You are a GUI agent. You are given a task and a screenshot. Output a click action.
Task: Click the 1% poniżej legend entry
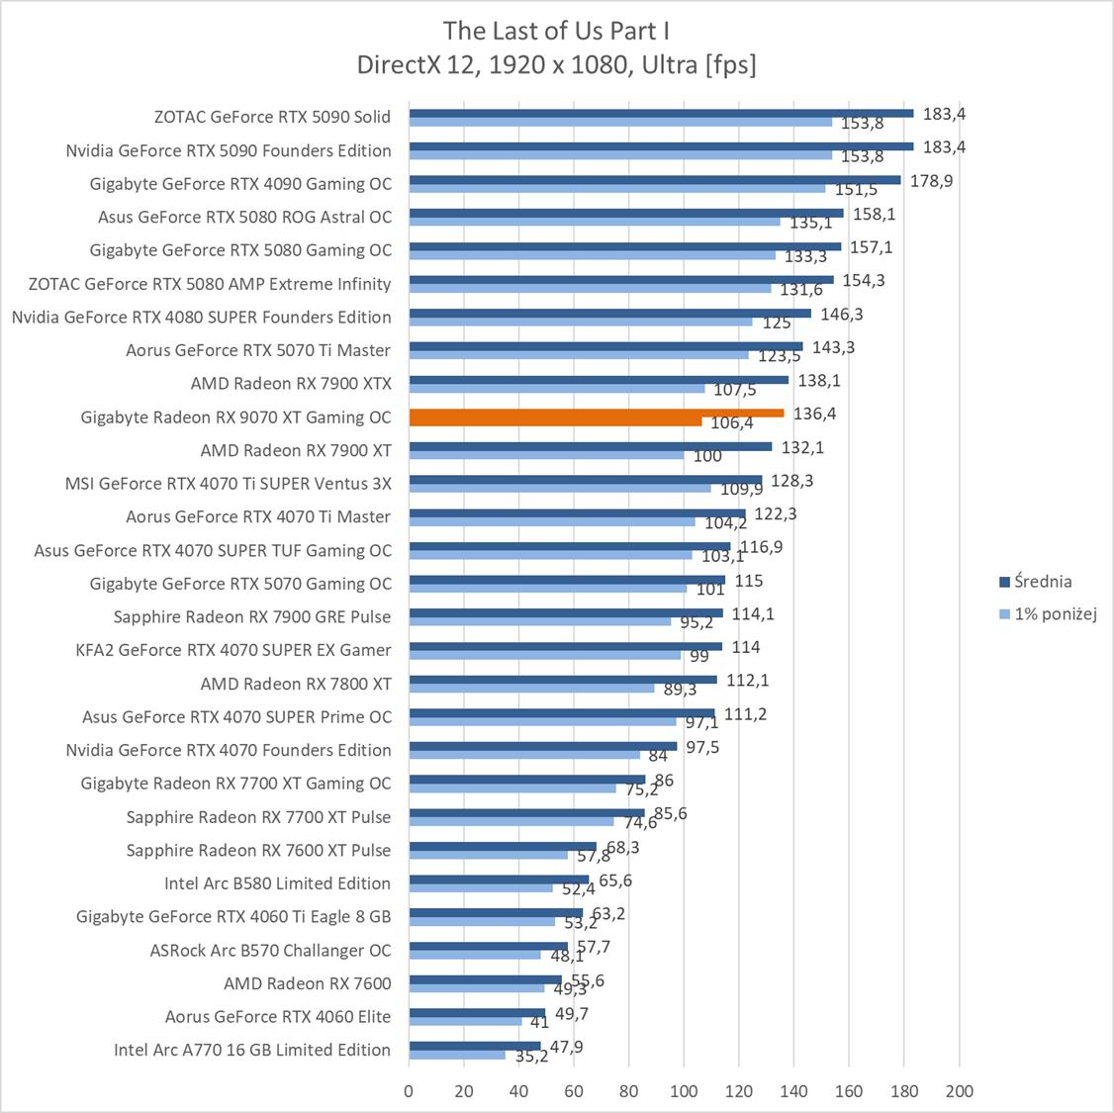pos(1055,614)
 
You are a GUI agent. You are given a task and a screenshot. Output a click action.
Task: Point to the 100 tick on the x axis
pos(684,1091)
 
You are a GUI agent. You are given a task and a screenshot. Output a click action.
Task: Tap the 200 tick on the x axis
pos(959,1091)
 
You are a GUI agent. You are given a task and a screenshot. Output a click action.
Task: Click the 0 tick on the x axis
pos(409,1091)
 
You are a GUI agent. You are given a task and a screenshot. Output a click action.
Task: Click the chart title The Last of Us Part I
pos(556,31)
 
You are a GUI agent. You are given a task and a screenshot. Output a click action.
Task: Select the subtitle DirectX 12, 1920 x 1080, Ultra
pos(556,65)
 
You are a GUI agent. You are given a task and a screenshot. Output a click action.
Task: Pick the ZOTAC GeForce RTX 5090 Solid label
pos(272,117)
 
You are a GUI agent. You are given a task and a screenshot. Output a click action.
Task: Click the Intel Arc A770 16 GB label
pos(252,1050)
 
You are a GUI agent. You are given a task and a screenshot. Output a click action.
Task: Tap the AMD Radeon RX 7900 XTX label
pos(291,384)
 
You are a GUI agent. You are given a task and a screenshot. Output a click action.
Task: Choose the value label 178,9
pos(931,180)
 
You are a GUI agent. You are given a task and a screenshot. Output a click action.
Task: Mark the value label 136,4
pos(814,414)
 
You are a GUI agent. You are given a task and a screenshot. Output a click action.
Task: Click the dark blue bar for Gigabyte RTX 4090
pos(654,180)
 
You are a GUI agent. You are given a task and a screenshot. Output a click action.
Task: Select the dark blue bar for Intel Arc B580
pos(499,879)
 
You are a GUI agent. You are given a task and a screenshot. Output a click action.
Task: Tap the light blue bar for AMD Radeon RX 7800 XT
pos(531,689)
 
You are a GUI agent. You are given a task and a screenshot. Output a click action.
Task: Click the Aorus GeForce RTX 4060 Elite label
pos(278,1016)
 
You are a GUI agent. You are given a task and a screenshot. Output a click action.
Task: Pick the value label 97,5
pos(702,747)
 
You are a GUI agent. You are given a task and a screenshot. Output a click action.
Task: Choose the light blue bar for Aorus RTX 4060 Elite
pos(465,1021)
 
